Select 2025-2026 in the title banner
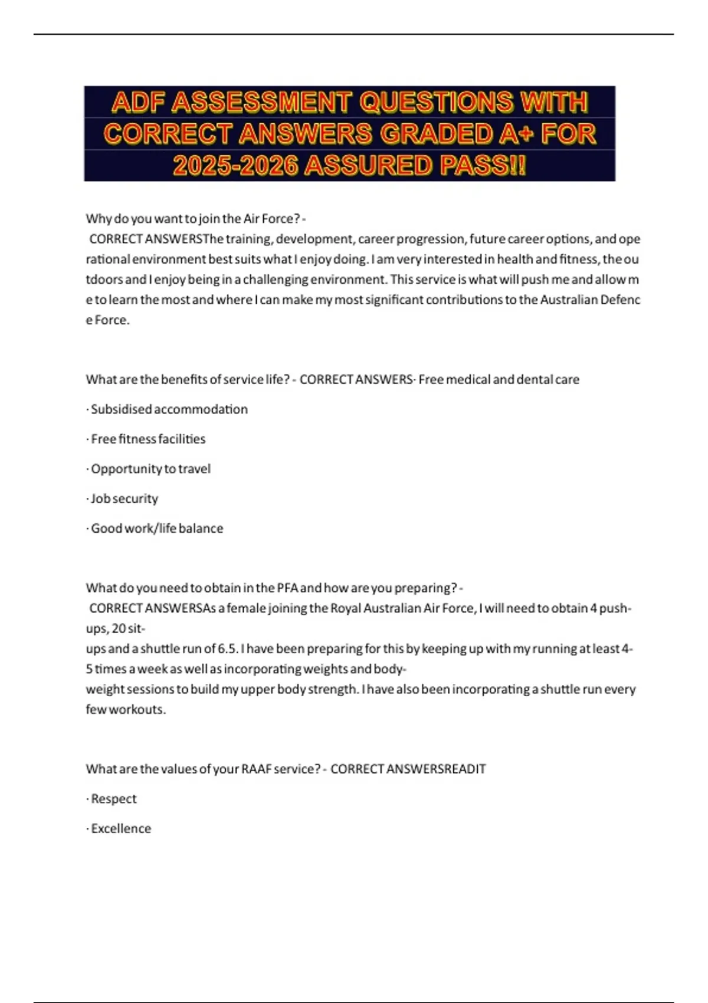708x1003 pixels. [235, 166]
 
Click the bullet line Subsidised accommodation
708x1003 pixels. [169, 409]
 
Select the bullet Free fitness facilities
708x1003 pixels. [148, 439]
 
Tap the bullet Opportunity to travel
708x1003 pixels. [150, 469]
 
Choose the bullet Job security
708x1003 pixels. [124, 499]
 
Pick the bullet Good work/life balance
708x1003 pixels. [157, 529]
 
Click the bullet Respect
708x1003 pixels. [113, 799]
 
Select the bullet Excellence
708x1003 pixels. [120, 829]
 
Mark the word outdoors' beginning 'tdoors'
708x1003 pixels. [108, 280]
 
